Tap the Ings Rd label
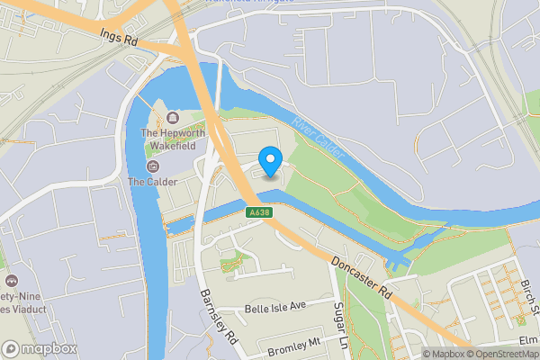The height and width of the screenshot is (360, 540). pyautogui.click(x=119, y=37)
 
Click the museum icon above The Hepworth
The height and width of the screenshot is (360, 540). pyautogui.click(x=172, y=118)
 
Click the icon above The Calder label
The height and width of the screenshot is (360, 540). pyautogui.click(x=151, y=166)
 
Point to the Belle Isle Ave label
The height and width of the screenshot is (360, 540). pyautogui.click(x=275, y=307)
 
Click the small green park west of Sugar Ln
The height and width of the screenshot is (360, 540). pyautogui.click(x=231, y=262)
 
